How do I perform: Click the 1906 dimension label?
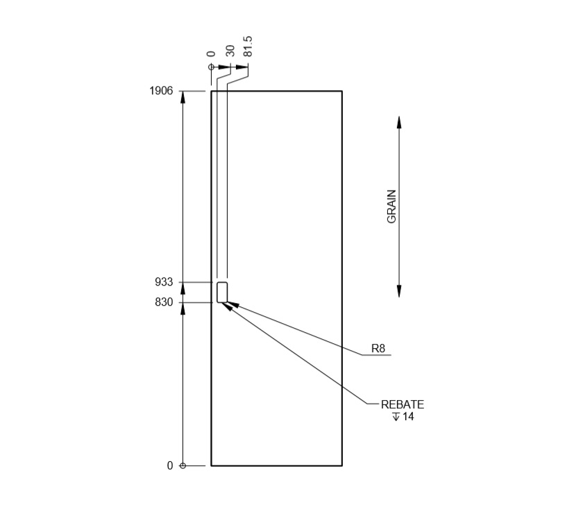coord(161,91)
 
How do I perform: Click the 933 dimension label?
coord(164,282)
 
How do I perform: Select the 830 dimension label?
coord(164,302)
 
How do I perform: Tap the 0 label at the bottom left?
coord(170,466)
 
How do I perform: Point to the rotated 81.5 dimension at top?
coord(248,46)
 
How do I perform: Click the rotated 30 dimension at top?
coord(230,51)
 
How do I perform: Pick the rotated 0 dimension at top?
coord(211,53)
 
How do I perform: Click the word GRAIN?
coord(392,206)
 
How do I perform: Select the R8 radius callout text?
coord(378,349)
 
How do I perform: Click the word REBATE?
coord(403,405)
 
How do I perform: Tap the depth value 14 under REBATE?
coord(408,417)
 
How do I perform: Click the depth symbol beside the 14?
coord(396,417)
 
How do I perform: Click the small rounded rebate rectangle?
coord(222,293)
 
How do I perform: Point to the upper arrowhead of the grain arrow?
coord(399,122)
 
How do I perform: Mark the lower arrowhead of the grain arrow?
coord(399,291)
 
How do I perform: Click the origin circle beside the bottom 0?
coord(183,466)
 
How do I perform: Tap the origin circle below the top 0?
coord(211,67)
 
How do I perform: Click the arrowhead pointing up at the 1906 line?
coord(183,97)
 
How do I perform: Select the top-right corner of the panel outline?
coord(342,91)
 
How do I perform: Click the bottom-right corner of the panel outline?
coord(342,466)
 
